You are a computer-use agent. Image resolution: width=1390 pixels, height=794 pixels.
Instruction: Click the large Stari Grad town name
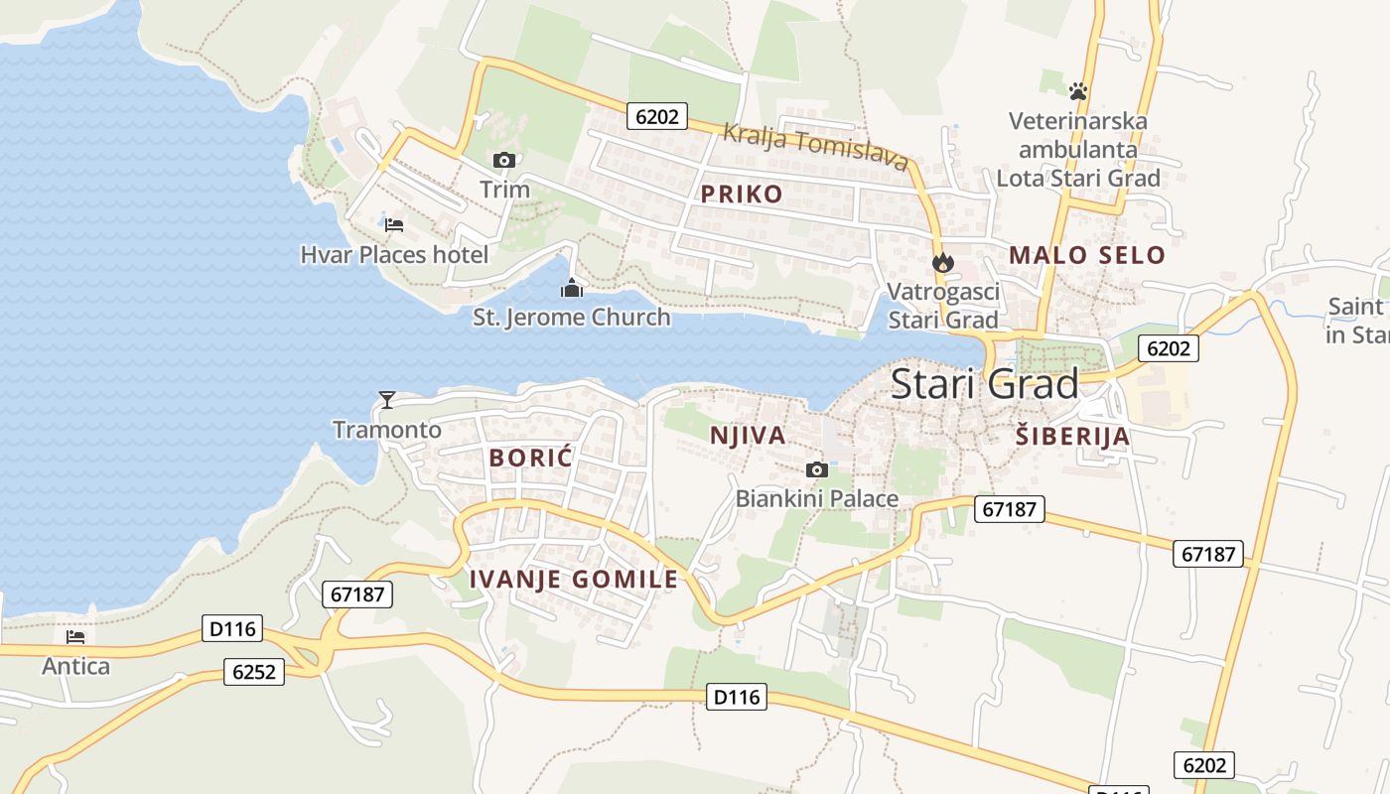coord(984,384)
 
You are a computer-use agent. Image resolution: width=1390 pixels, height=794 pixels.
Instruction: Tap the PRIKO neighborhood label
coord(742,195)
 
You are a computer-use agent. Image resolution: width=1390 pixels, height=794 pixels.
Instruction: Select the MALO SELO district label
coord(1086,255)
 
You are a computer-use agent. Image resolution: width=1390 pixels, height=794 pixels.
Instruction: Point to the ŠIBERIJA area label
coord(1073,436)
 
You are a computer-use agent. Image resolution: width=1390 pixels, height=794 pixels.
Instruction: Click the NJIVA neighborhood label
coord(748,436)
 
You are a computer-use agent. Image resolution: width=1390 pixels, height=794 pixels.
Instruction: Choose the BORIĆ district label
coord(531,458)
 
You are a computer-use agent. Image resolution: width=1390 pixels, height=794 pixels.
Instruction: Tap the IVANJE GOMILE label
coord(573,580)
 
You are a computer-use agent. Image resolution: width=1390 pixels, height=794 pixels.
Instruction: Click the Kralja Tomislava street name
coord(815,146)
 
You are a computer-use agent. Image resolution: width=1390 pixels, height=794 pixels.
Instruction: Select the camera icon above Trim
coord(504,160)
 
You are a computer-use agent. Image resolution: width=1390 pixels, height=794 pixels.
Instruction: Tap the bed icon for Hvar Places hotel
coord(393,225)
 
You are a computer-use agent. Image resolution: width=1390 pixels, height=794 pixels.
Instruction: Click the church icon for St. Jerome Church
coord(572,289)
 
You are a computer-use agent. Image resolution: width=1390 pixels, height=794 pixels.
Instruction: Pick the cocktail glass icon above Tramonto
coord(387,400)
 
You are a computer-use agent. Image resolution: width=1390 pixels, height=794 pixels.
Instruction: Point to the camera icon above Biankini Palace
coord(816,469)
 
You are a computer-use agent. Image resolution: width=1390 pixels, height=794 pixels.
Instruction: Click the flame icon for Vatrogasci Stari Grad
coord(942,262)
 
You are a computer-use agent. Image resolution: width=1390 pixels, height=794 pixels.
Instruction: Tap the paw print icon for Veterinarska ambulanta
coord(1078,91)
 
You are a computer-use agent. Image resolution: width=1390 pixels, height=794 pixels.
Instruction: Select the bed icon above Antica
coord(75,636)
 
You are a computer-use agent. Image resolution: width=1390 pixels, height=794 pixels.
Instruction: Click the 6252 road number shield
coord(253,672)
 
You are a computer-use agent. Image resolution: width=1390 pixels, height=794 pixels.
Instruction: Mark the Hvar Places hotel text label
coord(394,255)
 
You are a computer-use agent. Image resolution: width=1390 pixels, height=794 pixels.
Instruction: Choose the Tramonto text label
coord(386,430)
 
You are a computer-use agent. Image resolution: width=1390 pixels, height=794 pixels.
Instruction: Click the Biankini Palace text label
coord(816,499)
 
